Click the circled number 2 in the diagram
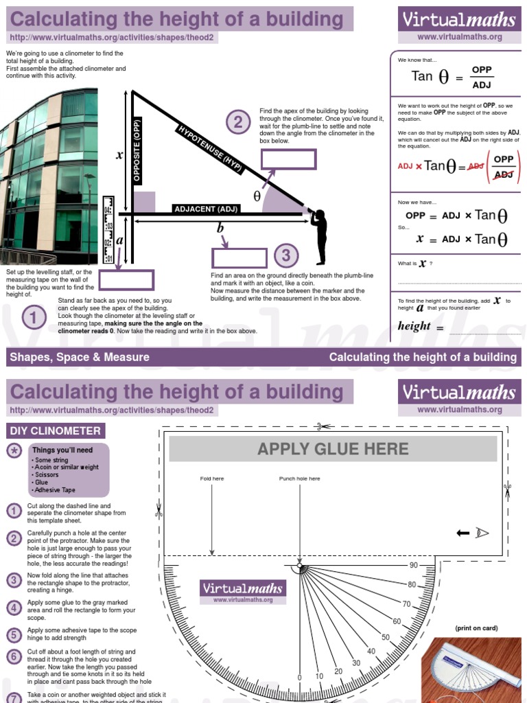pos(238,123)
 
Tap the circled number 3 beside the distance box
pos(286,256)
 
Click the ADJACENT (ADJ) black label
pos(206,209)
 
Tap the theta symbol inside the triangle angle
pos(257,196)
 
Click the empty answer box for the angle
pos(288,159)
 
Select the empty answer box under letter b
pos(239,258)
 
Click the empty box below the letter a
pos(126,280)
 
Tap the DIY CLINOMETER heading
pos(56,431)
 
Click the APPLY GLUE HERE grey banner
pos(333,449)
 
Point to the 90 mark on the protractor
pos(413,565)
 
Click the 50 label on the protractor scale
pos(386,637)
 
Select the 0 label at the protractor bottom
pos(299,678)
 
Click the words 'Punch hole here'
pos(299,479)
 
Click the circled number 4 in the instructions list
pos(14,608)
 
